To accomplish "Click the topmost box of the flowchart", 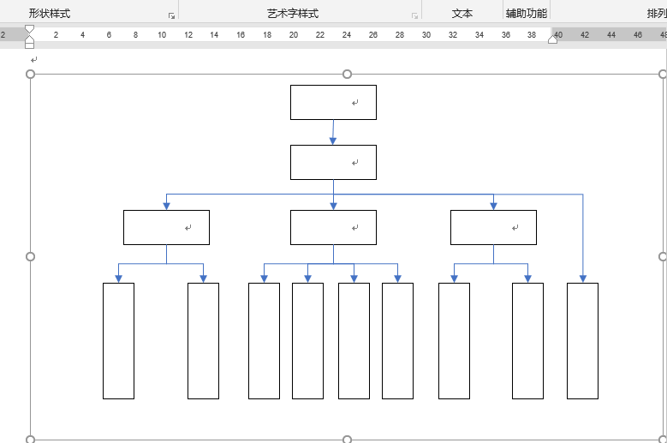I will [333, 102].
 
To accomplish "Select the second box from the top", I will [333, 162].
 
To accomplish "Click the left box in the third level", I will [166, 227].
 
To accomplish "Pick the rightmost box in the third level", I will [493, 227].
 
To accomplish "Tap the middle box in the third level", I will [333, 227].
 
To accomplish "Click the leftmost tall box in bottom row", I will [118, 340].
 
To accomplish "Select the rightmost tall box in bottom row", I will [582, 340].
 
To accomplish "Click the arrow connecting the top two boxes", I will [333, 132].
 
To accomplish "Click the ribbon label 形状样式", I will [50, 14].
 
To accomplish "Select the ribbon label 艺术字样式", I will [293, 14].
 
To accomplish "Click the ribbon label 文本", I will [462, 14].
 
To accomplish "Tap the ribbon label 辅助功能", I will [526, 14].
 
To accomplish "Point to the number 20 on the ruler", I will [294, 34].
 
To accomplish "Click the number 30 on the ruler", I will [426, 34].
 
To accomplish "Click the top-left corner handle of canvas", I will [31, 75].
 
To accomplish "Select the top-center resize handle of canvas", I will [347, 75].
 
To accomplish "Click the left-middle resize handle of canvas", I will [31, 256].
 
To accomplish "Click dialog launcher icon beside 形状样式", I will [171, 15].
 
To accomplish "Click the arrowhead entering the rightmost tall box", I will [583, 278].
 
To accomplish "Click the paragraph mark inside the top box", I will [354, 103].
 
